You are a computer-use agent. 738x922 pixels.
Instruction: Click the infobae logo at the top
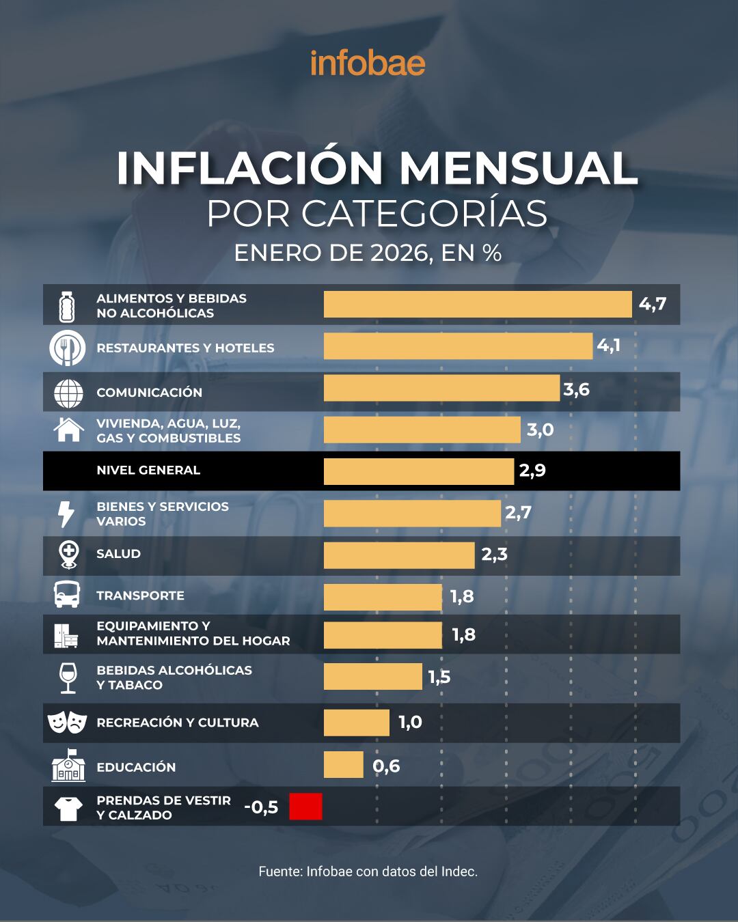368,63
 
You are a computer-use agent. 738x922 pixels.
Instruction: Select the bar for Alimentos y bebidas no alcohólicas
477,305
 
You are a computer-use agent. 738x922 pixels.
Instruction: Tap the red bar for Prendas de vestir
305,807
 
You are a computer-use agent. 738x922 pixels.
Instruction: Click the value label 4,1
608,346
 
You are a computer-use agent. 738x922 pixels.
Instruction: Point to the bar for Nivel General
418,471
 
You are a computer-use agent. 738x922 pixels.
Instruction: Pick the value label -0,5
261,807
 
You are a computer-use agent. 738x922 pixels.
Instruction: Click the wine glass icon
68,677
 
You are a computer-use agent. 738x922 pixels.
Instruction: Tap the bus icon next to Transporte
68,595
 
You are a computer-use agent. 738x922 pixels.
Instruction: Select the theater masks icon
68,722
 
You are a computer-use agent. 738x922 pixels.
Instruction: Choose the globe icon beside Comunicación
68,393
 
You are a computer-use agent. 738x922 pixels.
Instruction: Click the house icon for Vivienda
68,430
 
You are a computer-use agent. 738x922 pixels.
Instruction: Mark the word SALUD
118,554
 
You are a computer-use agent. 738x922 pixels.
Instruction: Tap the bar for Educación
343,765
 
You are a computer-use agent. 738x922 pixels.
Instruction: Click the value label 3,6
576,390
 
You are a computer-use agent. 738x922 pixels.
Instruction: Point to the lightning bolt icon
66,514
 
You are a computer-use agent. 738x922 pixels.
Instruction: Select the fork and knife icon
68,348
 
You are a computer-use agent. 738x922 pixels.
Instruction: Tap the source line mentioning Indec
368,871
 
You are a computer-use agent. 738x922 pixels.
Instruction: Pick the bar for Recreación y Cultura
356,723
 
